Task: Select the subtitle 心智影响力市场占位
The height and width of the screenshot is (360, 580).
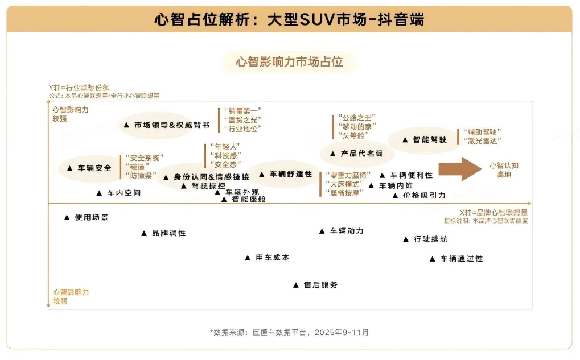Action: click(x=289, y=62)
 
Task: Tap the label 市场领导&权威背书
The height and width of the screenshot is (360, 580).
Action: click(x=171, y=125)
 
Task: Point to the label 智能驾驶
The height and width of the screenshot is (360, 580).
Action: click(x=430, y=139)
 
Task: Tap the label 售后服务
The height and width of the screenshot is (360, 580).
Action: click(x=320, y=284)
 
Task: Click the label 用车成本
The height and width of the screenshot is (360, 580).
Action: click(x=272, y=258)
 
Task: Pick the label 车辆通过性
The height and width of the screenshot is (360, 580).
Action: click(x=461, y=259)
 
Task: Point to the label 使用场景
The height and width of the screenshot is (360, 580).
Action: click(x=91, y=217)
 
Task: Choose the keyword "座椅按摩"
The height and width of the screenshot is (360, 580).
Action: click(x=345, y=193)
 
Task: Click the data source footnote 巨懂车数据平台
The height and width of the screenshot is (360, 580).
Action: click(x=289, y=332)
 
